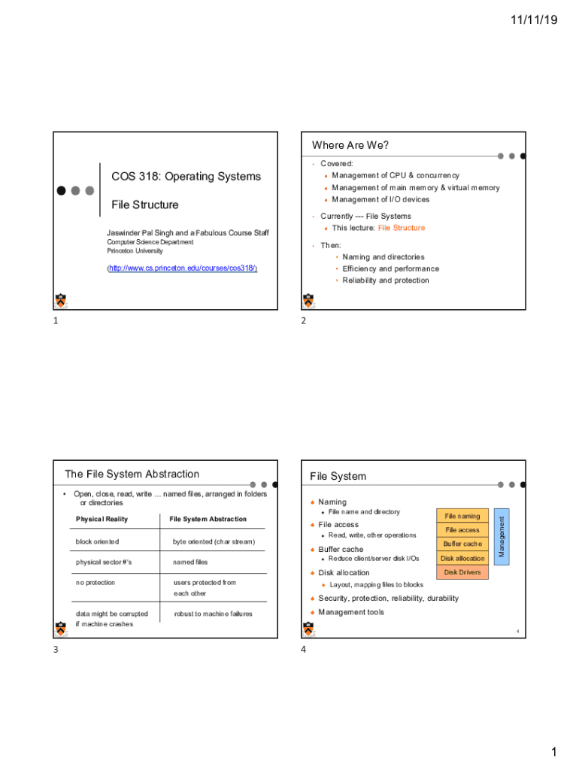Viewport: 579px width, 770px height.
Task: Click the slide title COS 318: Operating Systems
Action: click(x=186, y=177)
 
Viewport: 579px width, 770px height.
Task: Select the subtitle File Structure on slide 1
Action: click(x=145, y=205)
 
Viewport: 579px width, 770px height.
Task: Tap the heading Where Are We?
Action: click(x=350, y=145)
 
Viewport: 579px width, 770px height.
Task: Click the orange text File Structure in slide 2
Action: click(x=401, y=228)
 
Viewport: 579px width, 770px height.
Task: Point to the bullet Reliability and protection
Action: click(x=386, y=280)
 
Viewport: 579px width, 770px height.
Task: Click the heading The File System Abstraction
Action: click(x=132, y=474)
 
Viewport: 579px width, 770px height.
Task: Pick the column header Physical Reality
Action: click(x=102, y=519)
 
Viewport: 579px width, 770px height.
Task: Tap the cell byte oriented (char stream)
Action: click(x=214, y=541)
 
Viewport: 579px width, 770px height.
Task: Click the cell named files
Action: click(x=190, y=562)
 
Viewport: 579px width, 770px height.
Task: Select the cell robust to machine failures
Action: click(x=213, y=614)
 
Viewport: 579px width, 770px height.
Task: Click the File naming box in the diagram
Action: click(x=462, y=516)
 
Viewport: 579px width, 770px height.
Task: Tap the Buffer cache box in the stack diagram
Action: click(x=462, y=544)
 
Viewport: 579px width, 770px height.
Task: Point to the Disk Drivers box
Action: click(x=462, y=572)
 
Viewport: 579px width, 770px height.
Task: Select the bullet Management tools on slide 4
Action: click(x=350, y=612)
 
